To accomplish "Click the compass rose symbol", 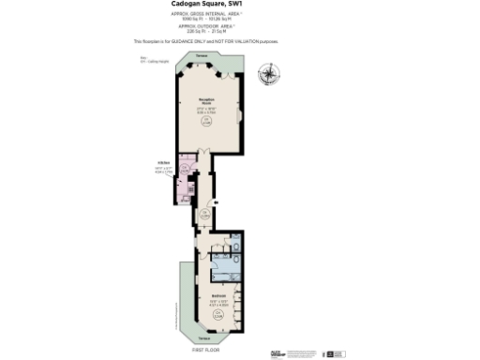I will (271, 72).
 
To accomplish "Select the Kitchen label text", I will (162, 161).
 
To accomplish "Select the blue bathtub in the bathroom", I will (223, 264).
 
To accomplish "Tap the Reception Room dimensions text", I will (206, 109).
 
